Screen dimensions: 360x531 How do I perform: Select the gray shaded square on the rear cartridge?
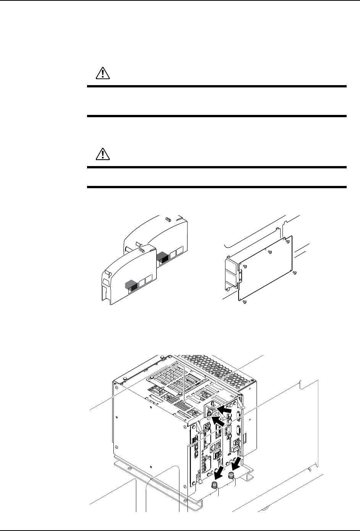coord(162,257)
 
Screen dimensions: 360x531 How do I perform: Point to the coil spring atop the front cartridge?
coord(142,250)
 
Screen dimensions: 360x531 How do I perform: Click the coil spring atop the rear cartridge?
coord(167,220)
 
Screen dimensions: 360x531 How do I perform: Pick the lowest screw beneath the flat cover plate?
coord(244,302)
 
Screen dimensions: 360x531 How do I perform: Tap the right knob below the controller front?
coord(231,476)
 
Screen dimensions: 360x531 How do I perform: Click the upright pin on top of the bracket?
coord(213,404)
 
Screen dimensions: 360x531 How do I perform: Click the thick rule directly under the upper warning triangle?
coord(216,87)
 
